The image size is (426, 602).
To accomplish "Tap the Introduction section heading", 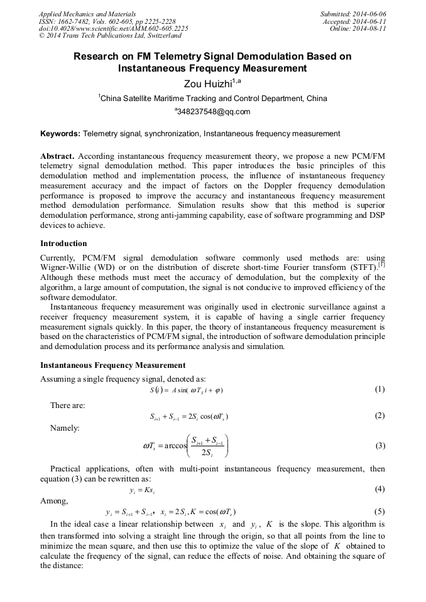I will click(x=63, y=243).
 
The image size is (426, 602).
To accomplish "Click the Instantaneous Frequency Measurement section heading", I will click(x=112, y=365).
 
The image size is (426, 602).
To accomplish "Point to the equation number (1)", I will click(x=380, y=389).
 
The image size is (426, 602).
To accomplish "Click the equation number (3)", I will click(x=380, y=446).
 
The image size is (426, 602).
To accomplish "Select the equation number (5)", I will click(x=380, y=511).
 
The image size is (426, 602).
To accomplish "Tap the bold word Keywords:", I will click(x=60, y=134).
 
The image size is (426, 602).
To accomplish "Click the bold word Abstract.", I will click(x=58, y=155).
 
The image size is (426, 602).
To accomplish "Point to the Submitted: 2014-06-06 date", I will click(x=353, y=13).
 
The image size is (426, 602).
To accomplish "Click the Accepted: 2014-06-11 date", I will click(x=355, y=21).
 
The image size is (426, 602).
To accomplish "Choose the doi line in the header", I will click(x=113, y=28).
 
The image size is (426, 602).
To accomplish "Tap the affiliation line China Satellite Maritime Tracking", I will click(x=212, y=99).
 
